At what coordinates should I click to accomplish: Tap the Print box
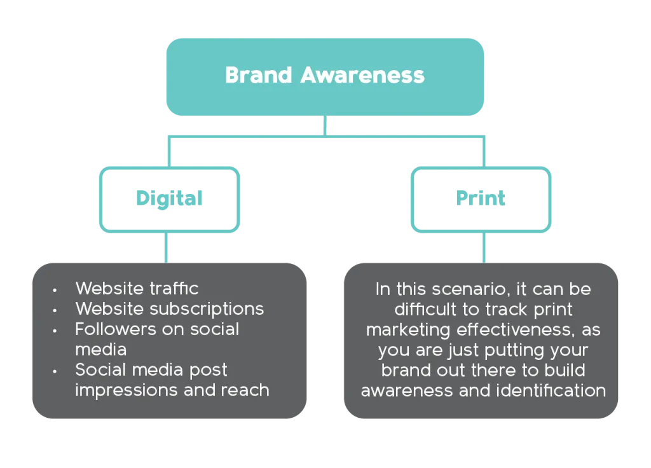481,199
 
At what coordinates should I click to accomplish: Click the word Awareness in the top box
362,75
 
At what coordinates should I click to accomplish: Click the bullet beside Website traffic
55,289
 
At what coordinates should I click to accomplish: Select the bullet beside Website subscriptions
55,310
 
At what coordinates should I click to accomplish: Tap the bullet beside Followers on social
55,330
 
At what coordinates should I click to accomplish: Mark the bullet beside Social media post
55,371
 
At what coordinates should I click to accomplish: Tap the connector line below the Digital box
166,247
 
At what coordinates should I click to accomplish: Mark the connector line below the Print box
484,247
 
